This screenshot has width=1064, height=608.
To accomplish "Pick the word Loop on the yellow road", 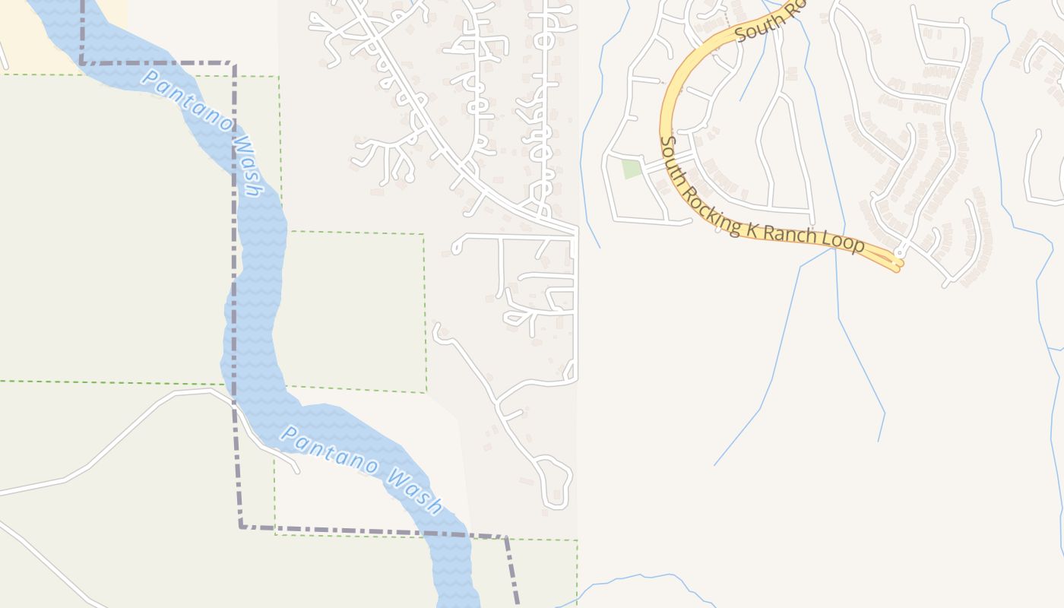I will (847, 243).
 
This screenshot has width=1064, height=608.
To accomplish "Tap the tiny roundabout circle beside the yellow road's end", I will (900, 251).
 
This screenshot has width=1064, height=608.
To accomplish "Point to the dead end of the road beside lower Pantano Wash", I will (297, 470).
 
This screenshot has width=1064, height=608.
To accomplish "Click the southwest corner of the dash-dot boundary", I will (241, 526).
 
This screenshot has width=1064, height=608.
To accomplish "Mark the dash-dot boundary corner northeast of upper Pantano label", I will (233, 64).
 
